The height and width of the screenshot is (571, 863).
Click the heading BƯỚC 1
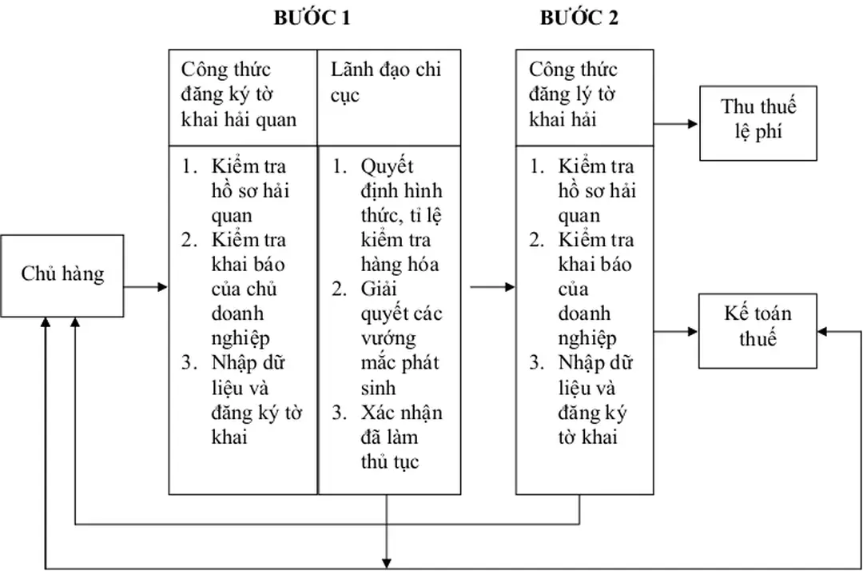312,18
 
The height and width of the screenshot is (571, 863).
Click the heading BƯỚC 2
579,18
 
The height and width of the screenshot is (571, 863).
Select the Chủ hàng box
62,274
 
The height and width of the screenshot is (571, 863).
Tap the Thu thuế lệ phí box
758,121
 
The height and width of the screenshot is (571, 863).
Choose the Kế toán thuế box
758,325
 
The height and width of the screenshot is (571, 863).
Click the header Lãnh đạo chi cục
387,82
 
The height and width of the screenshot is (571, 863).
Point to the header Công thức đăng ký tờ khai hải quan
239,94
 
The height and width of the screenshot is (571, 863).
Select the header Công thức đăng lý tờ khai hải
573,94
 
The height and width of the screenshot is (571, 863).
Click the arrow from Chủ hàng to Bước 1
145,286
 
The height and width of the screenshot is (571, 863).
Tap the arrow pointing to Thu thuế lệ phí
675,124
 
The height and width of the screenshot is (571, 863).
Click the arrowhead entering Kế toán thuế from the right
823,329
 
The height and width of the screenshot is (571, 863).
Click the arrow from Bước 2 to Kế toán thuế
676,329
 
